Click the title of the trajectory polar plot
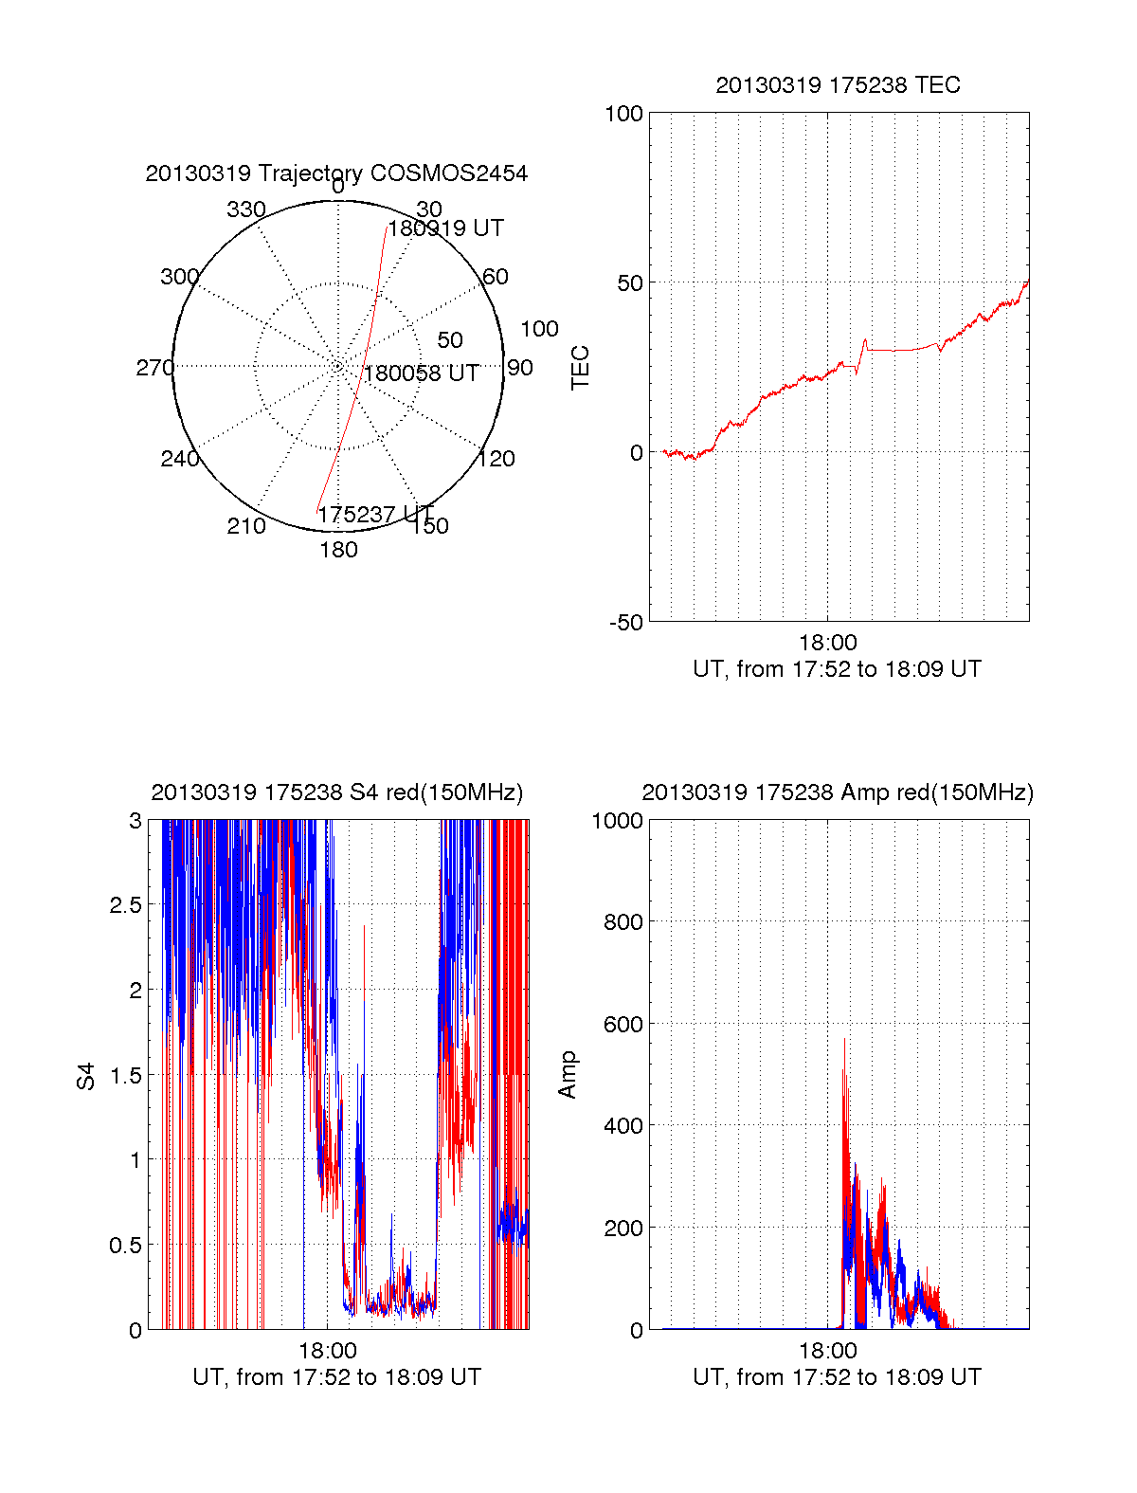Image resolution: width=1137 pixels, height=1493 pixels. click(336, 173)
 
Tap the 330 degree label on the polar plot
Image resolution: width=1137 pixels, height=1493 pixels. click(245, 209)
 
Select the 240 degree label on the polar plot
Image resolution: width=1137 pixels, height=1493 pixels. click(179, 459)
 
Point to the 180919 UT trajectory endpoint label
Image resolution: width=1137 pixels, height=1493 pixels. click(446, 228)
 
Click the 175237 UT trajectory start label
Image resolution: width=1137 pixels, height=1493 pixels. click(375, 515)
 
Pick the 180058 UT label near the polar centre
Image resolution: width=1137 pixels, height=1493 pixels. click(422, 373)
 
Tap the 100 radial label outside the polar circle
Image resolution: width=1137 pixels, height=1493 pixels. click(539, 329)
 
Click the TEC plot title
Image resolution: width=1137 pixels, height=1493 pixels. click(838, 85)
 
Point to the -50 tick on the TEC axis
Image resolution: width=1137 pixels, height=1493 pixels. click(625, 623)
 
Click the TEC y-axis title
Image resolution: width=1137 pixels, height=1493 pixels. click(580, 367)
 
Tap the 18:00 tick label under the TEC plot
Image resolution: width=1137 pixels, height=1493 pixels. click(827, 643)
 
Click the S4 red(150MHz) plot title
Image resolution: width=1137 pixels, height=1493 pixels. click(336, 792)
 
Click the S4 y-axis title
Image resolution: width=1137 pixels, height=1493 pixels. click(86, 1076)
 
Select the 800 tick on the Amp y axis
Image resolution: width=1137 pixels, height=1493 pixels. click(623, 922)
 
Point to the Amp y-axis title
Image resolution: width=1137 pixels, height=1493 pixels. click(568, 1075)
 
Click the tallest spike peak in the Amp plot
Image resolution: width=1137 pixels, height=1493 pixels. click(845, 1040)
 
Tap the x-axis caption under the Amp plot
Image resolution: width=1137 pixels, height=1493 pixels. click(837, 1377)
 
